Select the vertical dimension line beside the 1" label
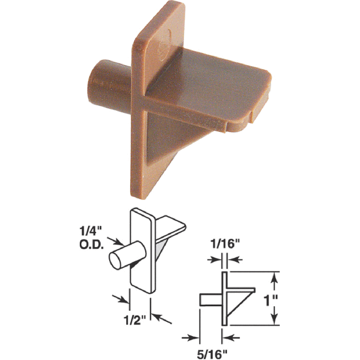point(272,299)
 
